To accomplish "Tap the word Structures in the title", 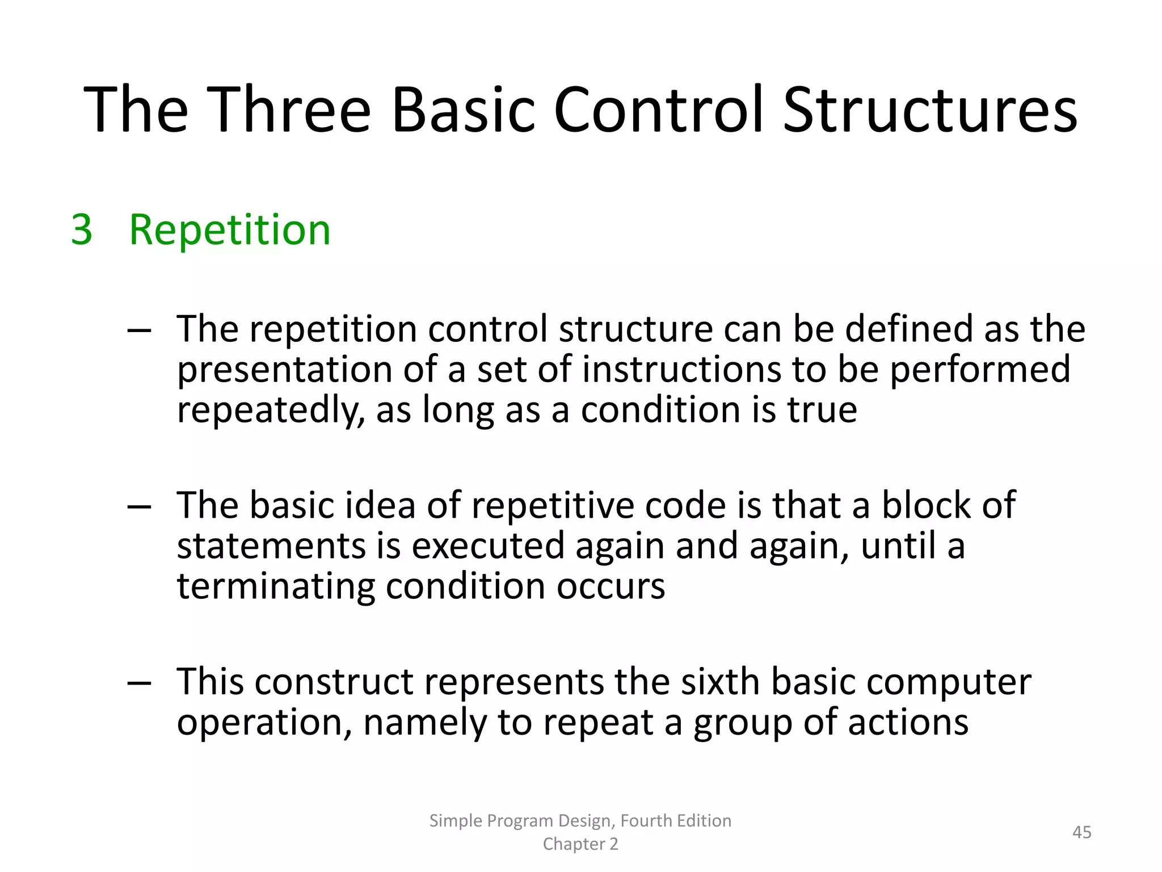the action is pyautogui.click(x=930, y=110).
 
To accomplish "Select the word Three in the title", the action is pyautogui.click(x=292, y=110).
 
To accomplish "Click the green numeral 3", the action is pyautogui.click(x=82, y=230).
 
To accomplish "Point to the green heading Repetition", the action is pyautogui.click(x=229, y=230).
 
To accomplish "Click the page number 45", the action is pyautogui.click(x=1081, y=832).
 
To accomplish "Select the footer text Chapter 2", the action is pyautogui.click(x=580, y=844).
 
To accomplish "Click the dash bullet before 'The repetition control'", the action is pyautogui.click(x=139, y=330).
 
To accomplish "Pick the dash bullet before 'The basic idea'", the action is pyautogui.click(x=139, y=506).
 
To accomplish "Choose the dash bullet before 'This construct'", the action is pyautogui.click(x=139, y=683).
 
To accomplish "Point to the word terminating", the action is pyautogui.click(x=276, y=586).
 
